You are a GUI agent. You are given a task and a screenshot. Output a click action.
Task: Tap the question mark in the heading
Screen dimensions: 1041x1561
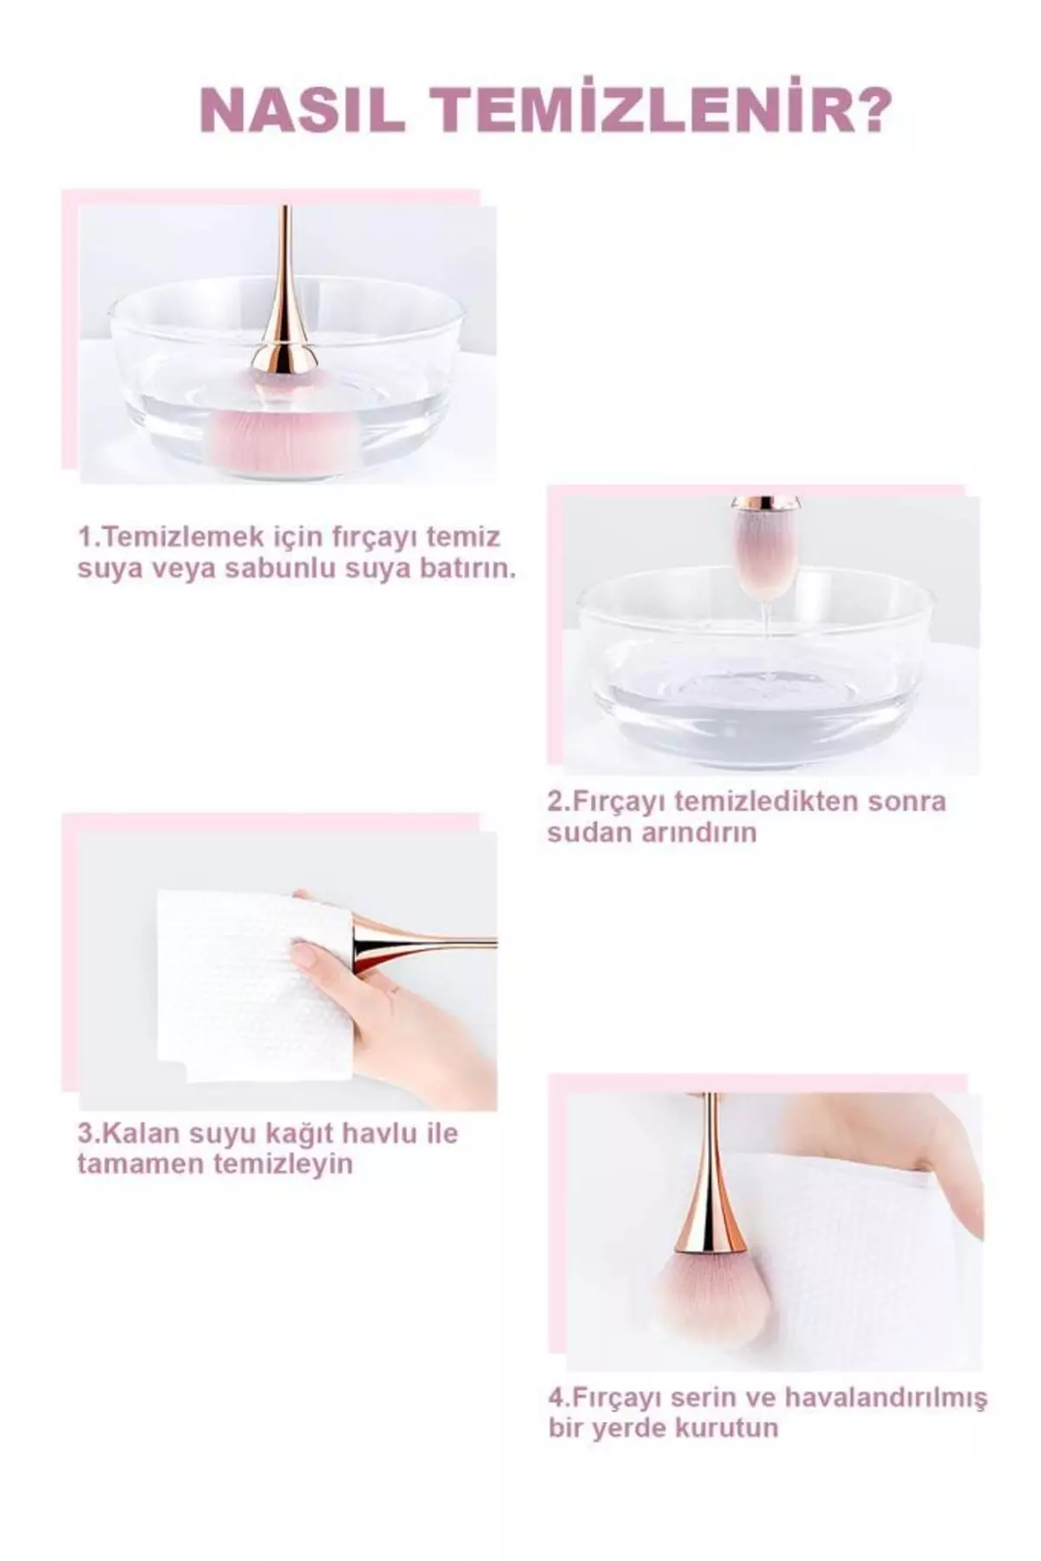click(x=869, y=109)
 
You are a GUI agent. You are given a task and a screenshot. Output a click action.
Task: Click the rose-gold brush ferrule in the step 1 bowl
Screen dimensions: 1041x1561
click(x=284, y=356)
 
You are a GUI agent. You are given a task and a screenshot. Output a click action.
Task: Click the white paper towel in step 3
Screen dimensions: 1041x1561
click(x=253, y=985)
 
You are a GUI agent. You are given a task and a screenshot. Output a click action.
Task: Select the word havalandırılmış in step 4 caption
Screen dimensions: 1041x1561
click(x=886, y=1398)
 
